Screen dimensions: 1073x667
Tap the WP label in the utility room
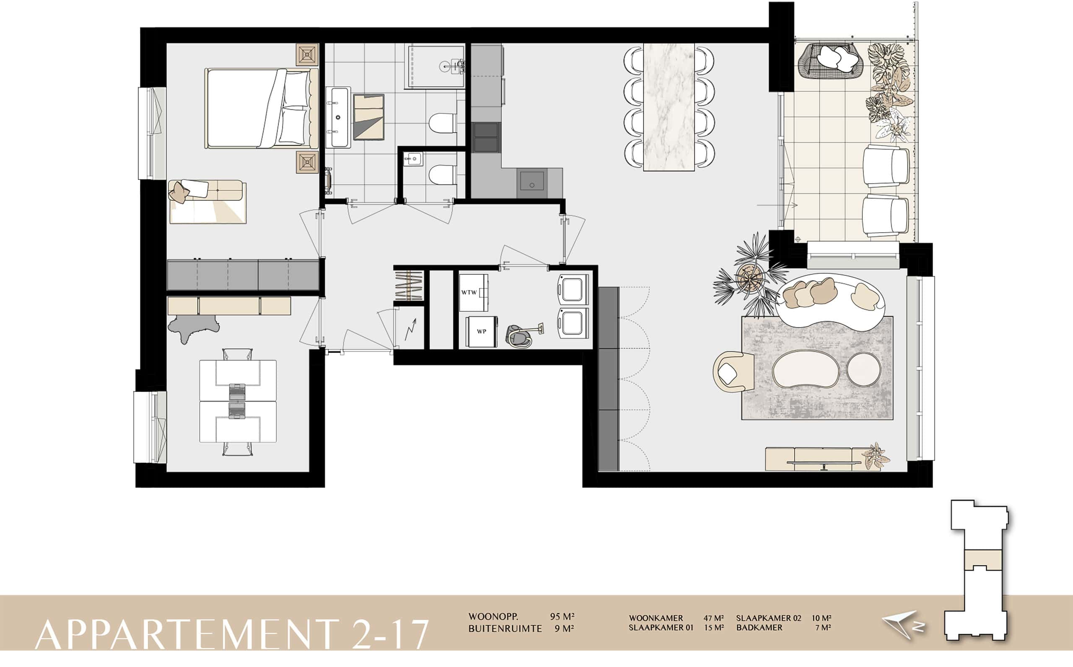[x=481, y=331]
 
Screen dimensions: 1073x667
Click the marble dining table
[x=669, y=107]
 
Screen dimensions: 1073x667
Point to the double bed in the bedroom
[x=262, y=108]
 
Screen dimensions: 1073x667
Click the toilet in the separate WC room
[x=442, y=175]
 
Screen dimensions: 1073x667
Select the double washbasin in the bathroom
[x=338, y=117]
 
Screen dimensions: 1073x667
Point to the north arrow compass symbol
[x=903, y=625]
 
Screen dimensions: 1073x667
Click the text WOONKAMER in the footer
[x=656, y=618]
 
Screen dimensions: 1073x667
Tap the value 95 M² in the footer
[x=562, y=616]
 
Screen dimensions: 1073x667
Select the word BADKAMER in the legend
[x=759, y=627]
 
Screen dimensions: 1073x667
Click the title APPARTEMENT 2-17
[x=231, y=634]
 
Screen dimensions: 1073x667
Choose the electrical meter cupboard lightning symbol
[x=411, y=329]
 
